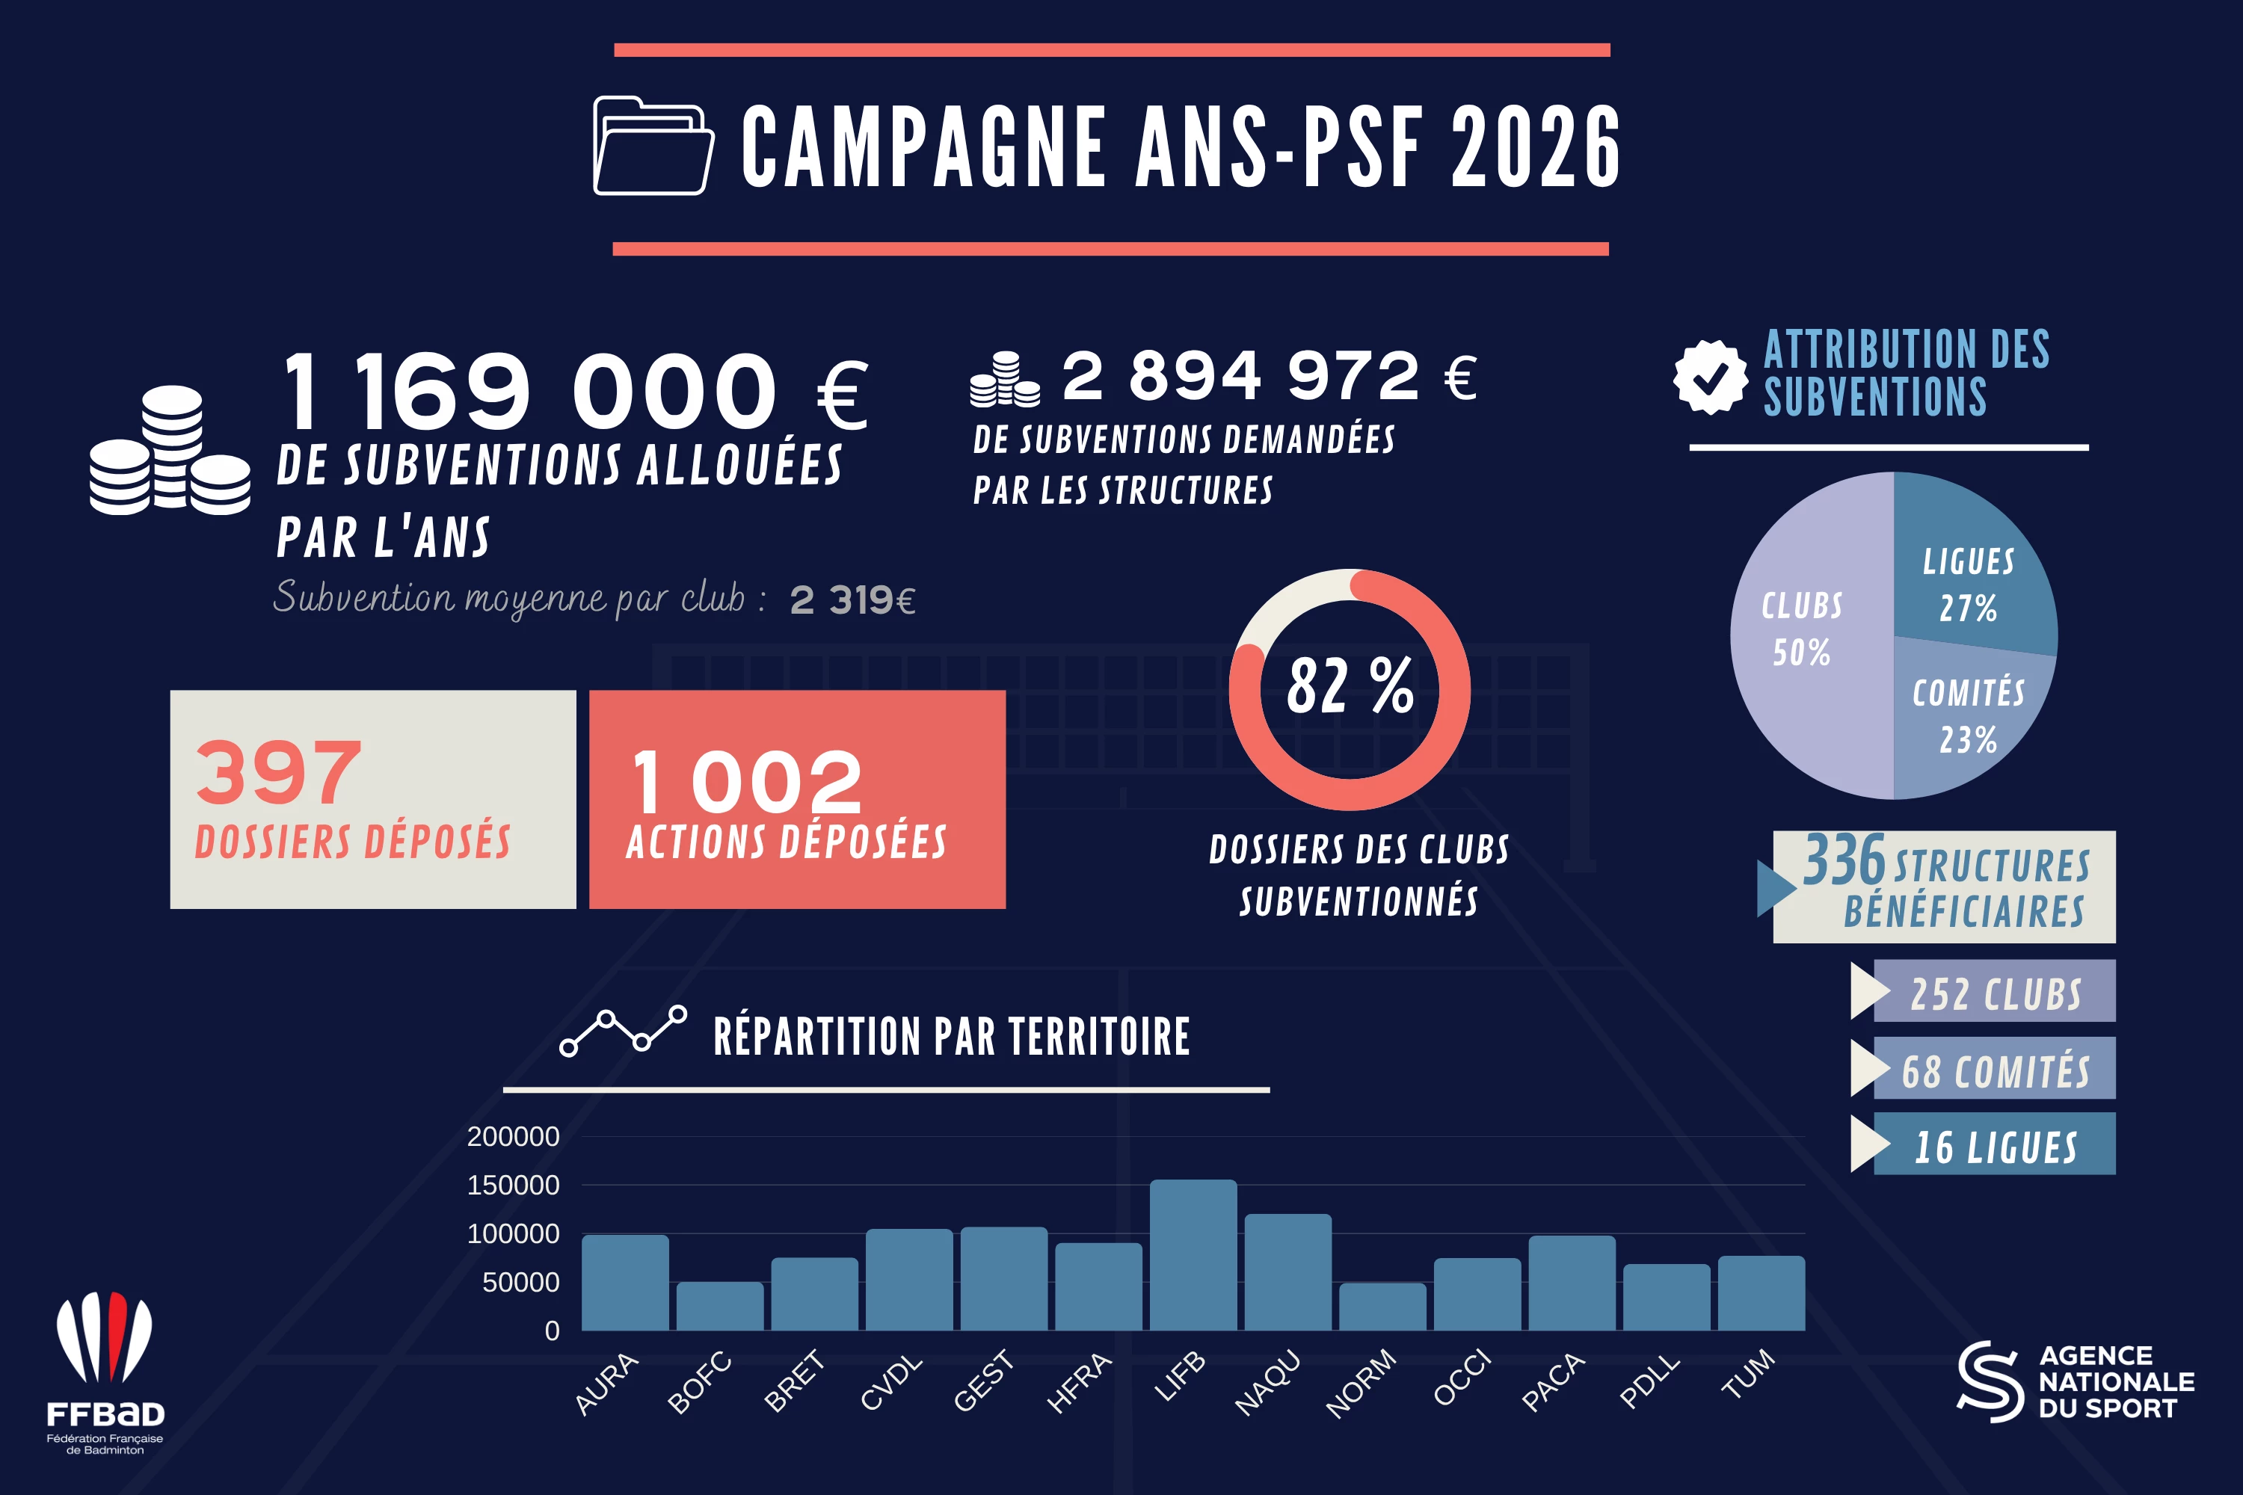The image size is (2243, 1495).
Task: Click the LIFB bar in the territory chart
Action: click(x=1193, y=1255)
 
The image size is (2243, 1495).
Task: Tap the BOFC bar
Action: click(x=720, y=1305)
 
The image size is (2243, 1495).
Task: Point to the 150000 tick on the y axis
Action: click(x=513, y=1185)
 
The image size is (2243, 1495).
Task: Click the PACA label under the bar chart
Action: click(x=1553, y=1381)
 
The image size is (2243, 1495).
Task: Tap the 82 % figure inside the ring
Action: click(x=1350, y=685)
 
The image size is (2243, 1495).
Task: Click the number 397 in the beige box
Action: click(x=278, y=771)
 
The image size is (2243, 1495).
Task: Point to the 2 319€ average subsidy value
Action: click(x=852, y=599)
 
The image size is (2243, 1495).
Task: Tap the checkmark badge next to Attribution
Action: click(x=1711, y=377)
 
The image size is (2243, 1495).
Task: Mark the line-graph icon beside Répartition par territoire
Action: click(x=623, y=1031)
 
